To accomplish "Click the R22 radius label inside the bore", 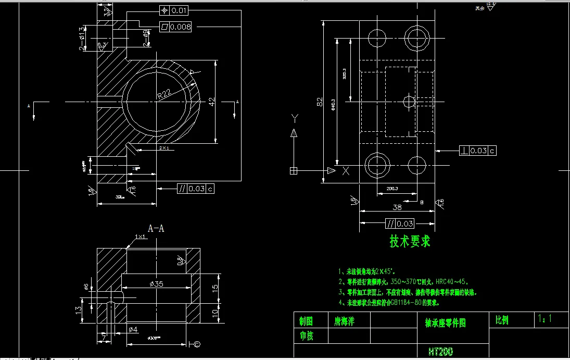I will [164, 94].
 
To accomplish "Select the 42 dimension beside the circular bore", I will [211, 102].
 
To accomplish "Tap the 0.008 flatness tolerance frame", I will [175, 27].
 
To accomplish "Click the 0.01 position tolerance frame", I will [173, 10].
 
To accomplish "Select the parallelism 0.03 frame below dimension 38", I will [400, 224].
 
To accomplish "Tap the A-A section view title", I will [157, 228].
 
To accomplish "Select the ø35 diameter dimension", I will [156, 284].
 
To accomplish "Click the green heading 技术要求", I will [410, 242].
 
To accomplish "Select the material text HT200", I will [440, 352].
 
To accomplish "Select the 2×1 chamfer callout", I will [163, 148].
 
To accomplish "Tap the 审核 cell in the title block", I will [307, 336].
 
